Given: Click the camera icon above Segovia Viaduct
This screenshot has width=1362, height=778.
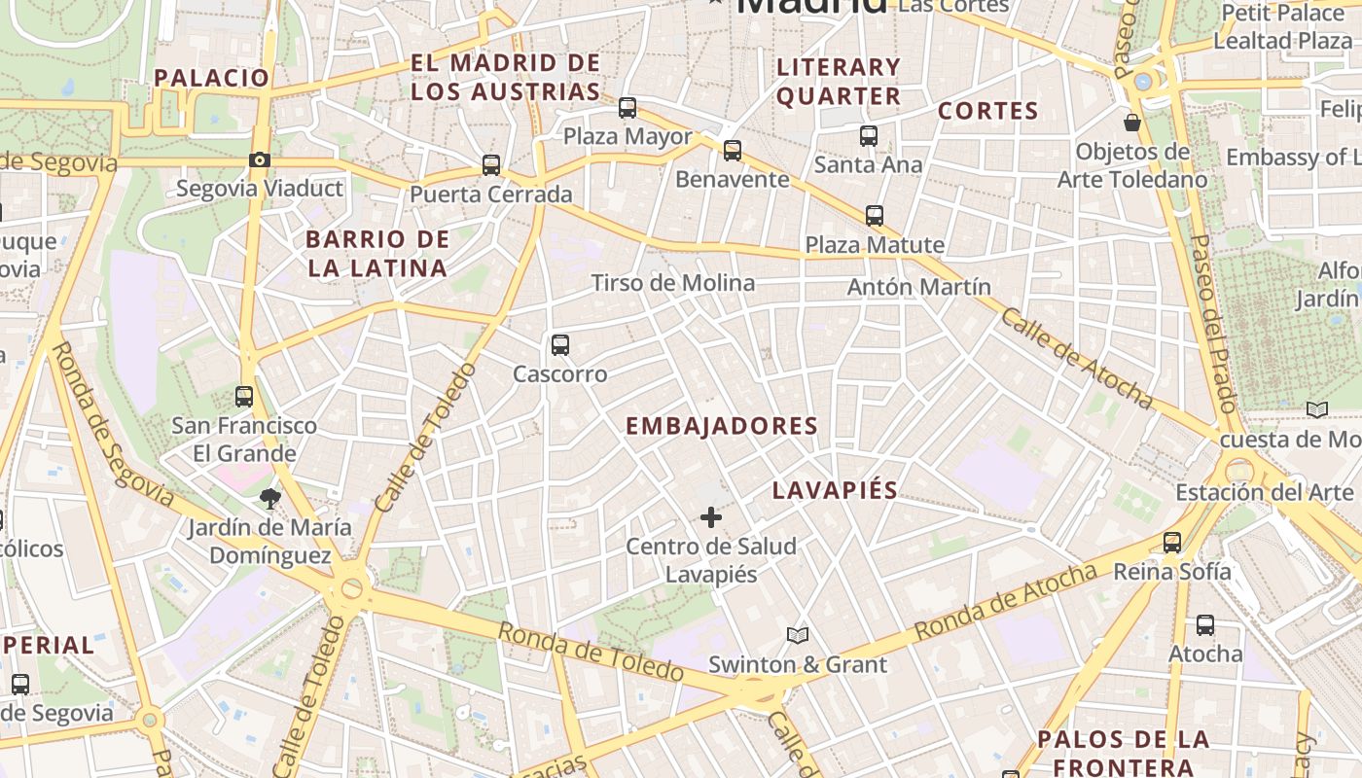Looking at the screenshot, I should (259, 159).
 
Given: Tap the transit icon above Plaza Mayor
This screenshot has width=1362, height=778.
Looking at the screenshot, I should (627, 108).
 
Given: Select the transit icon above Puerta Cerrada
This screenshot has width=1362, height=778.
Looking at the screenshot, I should (491, 165).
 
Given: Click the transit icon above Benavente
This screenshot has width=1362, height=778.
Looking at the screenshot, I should (733, 151).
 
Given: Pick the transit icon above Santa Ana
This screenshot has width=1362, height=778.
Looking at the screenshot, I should (869, 137).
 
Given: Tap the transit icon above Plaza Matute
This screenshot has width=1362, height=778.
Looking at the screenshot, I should (875, 216).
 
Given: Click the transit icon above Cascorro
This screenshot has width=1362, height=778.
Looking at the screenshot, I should (559, 344).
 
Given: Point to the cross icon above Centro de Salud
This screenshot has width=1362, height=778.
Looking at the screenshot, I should (711, 517).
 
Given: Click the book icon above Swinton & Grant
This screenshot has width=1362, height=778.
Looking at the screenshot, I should (798, 636).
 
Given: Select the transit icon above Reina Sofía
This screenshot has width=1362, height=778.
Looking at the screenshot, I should (1172, 543).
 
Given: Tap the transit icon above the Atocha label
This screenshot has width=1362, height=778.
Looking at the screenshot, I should (1205, 625).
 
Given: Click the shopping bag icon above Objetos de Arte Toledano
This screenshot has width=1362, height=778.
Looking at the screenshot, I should (1132, 123).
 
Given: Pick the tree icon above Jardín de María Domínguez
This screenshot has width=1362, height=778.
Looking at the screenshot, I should (269, 499).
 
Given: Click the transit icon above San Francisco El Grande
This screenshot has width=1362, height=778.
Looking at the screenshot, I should (244, 397).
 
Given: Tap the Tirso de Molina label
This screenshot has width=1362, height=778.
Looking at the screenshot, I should (673, 283).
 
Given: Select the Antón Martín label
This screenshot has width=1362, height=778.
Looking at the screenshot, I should (918, 287).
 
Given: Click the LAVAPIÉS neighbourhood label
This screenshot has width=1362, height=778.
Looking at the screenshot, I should (835, 490).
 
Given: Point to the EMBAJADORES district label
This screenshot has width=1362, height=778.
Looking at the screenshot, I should (722, 426).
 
